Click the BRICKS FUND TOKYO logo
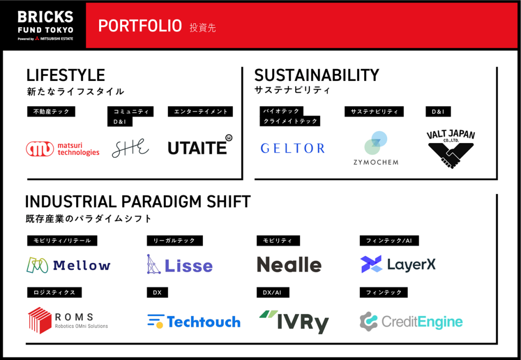[x=45, y=25]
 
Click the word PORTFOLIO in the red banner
[x=140, y=26]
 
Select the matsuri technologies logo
[x=63, y=149]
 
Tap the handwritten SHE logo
[x=130, y=148]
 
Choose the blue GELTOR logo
[x=293, y=148]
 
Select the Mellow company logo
[x=69, y=265]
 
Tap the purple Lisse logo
[x=180, y=265]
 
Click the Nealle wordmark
[x=289, y=265]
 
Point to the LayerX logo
[x=398, y=264]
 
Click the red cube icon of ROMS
[x=40, y=320]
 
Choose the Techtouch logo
[x=194, y=321]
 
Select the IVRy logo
[x=294, y=321]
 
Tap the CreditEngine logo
[x=411, y=321]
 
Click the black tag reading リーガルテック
[x=175, y=241]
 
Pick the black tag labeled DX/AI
[x=273, y=292]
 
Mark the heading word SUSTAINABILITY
[x=316, y=75]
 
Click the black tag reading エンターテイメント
[x=200, y=112]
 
